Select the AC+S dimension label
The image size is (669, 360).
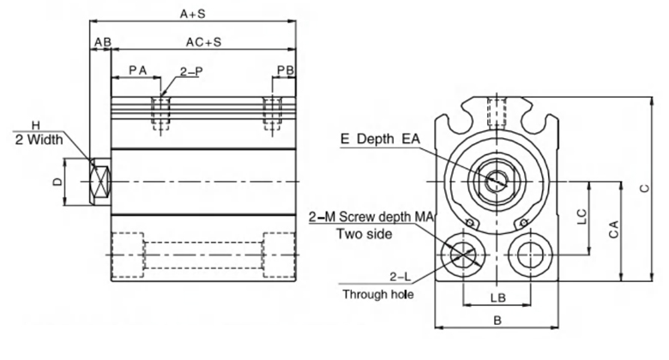point(203,42)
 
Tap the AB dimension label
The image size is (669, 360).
point(102,42)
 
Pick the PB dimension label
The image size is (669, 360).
point(286,69)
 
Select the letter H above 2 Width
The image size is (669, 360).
point(35,124)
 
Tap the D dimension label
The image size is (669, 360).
point(57,182)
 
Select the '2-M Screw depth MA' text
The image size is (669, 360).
point(371,218)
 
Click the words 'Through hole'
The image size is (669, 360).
point(378,294)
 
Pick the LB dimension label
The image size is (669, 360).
point(495,297)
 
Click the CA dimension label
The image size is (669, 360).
point(612,230)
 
